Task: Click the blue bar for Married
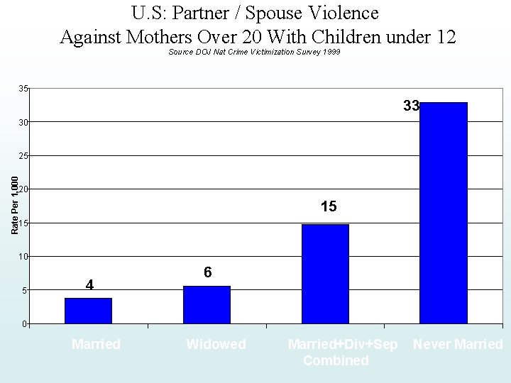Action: pos(88,311)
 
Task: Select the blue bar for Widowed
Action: pos(207,305)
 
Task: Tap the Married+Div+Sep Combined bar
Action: pos(325,274)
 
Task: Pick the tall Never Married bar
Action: pos(444,213)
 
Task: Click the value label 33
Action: pos(411,106)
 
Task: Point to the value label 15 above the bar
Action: pos(329,207)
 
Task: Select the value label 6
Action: pos(207,272)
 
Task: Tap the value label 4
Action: pos(89,285)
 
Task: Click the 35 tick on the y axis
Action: pos(23,89)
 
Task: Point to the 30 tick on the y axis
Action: pos(23,123)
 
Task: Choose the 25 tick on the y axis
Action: pos(23,156)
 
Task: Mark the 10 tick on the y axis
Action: pos(23,257)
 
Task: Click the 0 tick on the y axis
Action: pos(26,324)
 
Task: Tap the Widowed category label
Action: pos(216,345)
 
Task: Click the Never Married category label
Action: pos(458,345)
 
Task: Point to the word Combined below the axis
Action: pos(336,360)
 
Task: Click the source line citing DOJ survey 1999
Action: pos(254,52)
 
